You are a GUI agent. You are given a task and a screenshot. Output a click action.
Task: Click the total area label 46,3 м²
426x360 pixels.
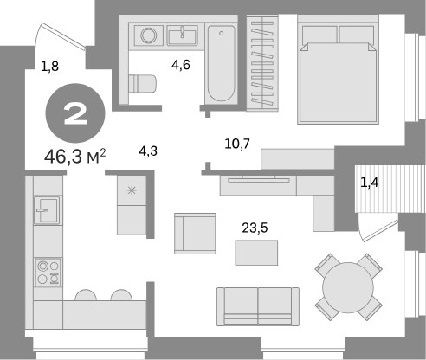(75, 157)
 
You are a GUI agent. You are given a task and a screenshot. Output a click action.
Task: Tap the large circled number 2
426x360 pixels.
(75, 113)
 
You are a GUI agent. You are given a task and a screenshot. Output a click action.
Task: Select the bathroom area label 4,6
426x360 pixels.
(181, 65)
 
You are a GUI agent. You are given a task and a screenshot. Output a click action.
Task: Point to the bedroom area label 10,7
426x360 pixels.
(237, 144)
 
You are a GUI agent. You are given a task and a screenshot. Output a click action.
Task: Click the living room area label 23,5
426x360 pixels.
(255, 228)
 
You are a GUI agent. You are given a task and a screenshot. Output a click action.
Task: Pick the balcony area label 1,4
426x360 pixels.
(370, 183)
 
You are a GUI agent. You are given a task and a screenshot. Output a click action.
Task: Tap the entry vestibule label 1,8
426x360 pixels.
(50, 67)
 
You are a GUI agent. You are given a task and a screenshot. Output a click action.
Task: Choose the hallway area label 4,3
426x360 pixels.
(148, 151)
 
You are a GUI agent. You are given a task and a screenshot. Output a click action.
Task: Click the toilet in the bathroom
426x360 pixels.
(142, 84)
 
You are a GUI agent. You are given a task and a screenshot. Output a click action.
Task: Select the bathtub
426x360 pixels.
(221, 63)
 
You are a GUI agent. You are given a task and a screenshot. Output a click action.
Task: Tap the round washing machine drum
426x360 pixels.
(149, 35)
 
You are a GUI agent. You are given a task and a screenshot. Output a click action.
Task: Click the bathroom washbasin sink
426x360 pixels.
(183, 35)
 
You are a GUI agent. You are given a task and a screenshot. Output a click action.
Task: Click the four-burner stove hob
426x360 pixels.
(48, 273)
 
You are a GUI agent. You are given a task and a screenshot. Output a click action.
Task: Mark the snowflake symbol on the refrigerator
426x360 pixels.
(132, 190)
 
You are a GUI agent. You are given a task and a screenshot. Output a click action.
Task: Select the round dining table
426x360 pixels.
(348, 287)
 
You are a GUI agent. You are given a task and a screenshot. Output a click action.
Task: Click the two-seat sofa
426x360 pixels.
(258, 306)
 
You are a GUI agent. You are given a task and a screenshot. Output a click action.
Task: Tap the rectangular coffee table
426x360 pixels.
(256, 253)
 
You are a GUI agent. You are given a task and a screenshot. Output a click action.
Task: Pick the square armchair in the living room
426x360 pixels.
(195, 234)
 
